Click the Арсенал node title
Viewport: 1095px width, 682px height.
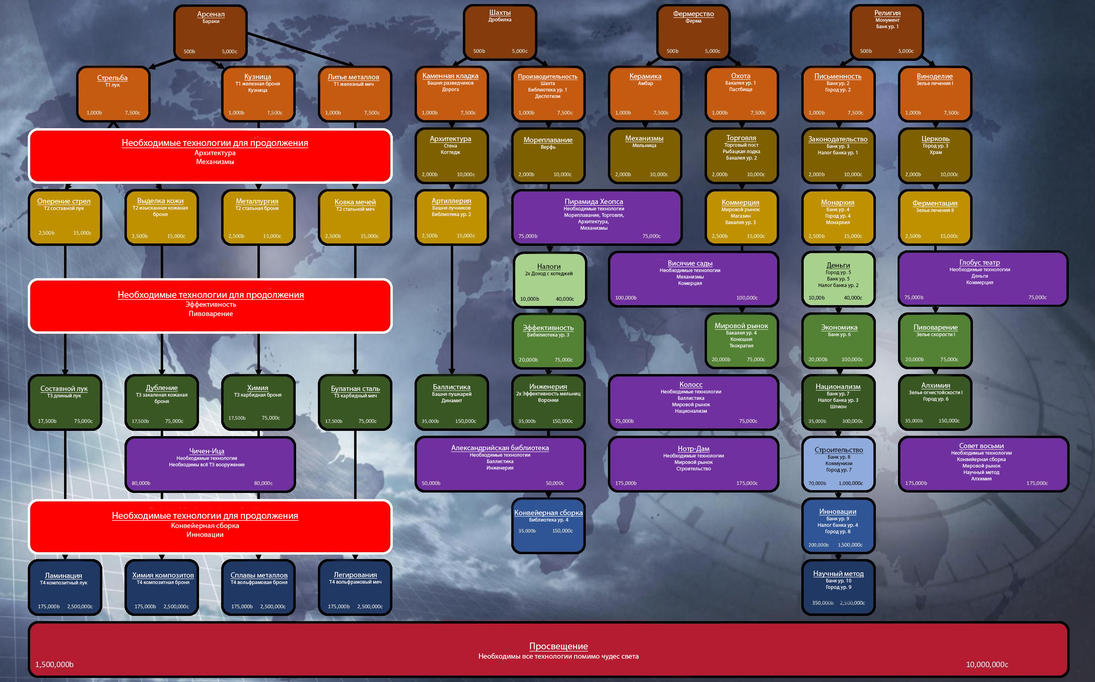point(211,14)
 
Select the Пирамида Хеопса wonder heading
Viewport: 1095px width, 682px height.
point(593,202)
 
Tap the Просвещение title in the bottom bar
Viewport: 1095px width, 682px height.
point(558,646)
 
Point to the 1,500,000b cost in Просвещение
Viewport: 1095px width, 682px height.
point(54,664)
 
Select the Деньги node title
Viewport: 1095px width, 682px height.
point(838,265)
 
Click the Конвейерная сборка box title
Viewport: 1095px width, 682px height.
point(548,512)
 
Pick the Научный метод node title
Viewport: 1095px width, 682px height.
point(838,573)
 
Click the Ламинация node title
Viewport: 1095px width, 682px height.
point(64,576)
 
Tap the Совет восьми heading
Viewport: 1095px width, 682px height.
point(981,446)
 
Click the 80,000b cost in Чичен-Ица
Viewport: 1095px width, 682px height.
point(141,483)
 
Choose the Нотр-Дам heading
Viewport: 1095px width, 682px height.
point(693,448)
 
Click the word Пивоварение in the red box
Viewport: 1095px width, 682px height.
point(211,314)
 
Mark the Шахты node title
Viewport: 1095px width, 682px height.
point(500,12)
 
